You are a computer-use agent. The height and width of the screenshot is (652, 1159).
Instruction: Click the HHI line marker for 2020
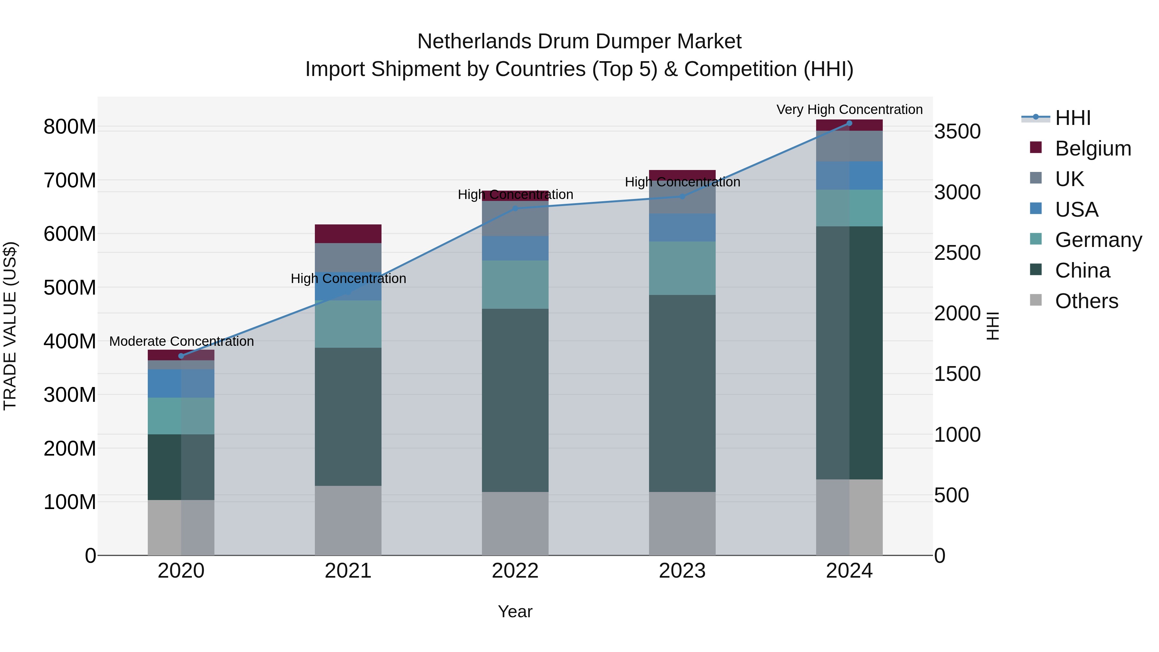(x=181, y=356)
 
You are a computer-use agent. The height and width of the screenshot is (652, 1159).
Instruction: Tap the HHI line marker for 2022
(x=515, y=208)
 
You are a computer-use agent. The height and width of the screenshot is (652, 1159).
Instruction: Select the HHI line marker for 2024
(x=849, y=123)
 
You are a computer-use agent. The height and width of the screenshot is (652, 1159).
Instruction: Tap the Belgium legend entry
(x=1093, y=148)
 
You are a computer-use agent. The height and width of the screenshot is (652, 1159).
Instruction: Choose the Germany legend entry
(x=1098, y=240)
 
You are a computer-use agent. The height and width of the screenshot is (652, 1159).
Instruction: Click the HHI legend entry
(x=1073, y=118)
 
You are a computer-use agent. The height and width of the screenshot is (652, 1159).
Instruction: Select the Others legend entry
(x=1086, y=301)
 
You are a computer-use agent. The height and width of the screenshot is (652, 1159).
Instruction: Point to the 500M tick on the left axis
(x=70, y=288)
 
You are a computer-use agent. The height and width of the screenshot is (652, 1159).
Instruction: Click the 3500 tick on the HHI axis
(x=957, y=131)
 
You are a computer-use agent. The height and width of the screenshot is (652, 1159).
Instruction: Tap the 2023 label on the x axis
(x=682, y=571)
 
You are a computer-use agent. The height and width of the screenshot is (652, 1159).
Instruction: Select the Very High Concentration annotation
(x=849, y=109)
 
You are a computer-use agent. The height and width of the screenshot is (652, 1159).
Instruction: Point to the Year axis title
(x=515, y=611)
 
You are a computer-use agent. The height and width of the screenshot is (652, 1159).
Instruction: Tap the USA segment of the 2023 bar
(x=682, y=227)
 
